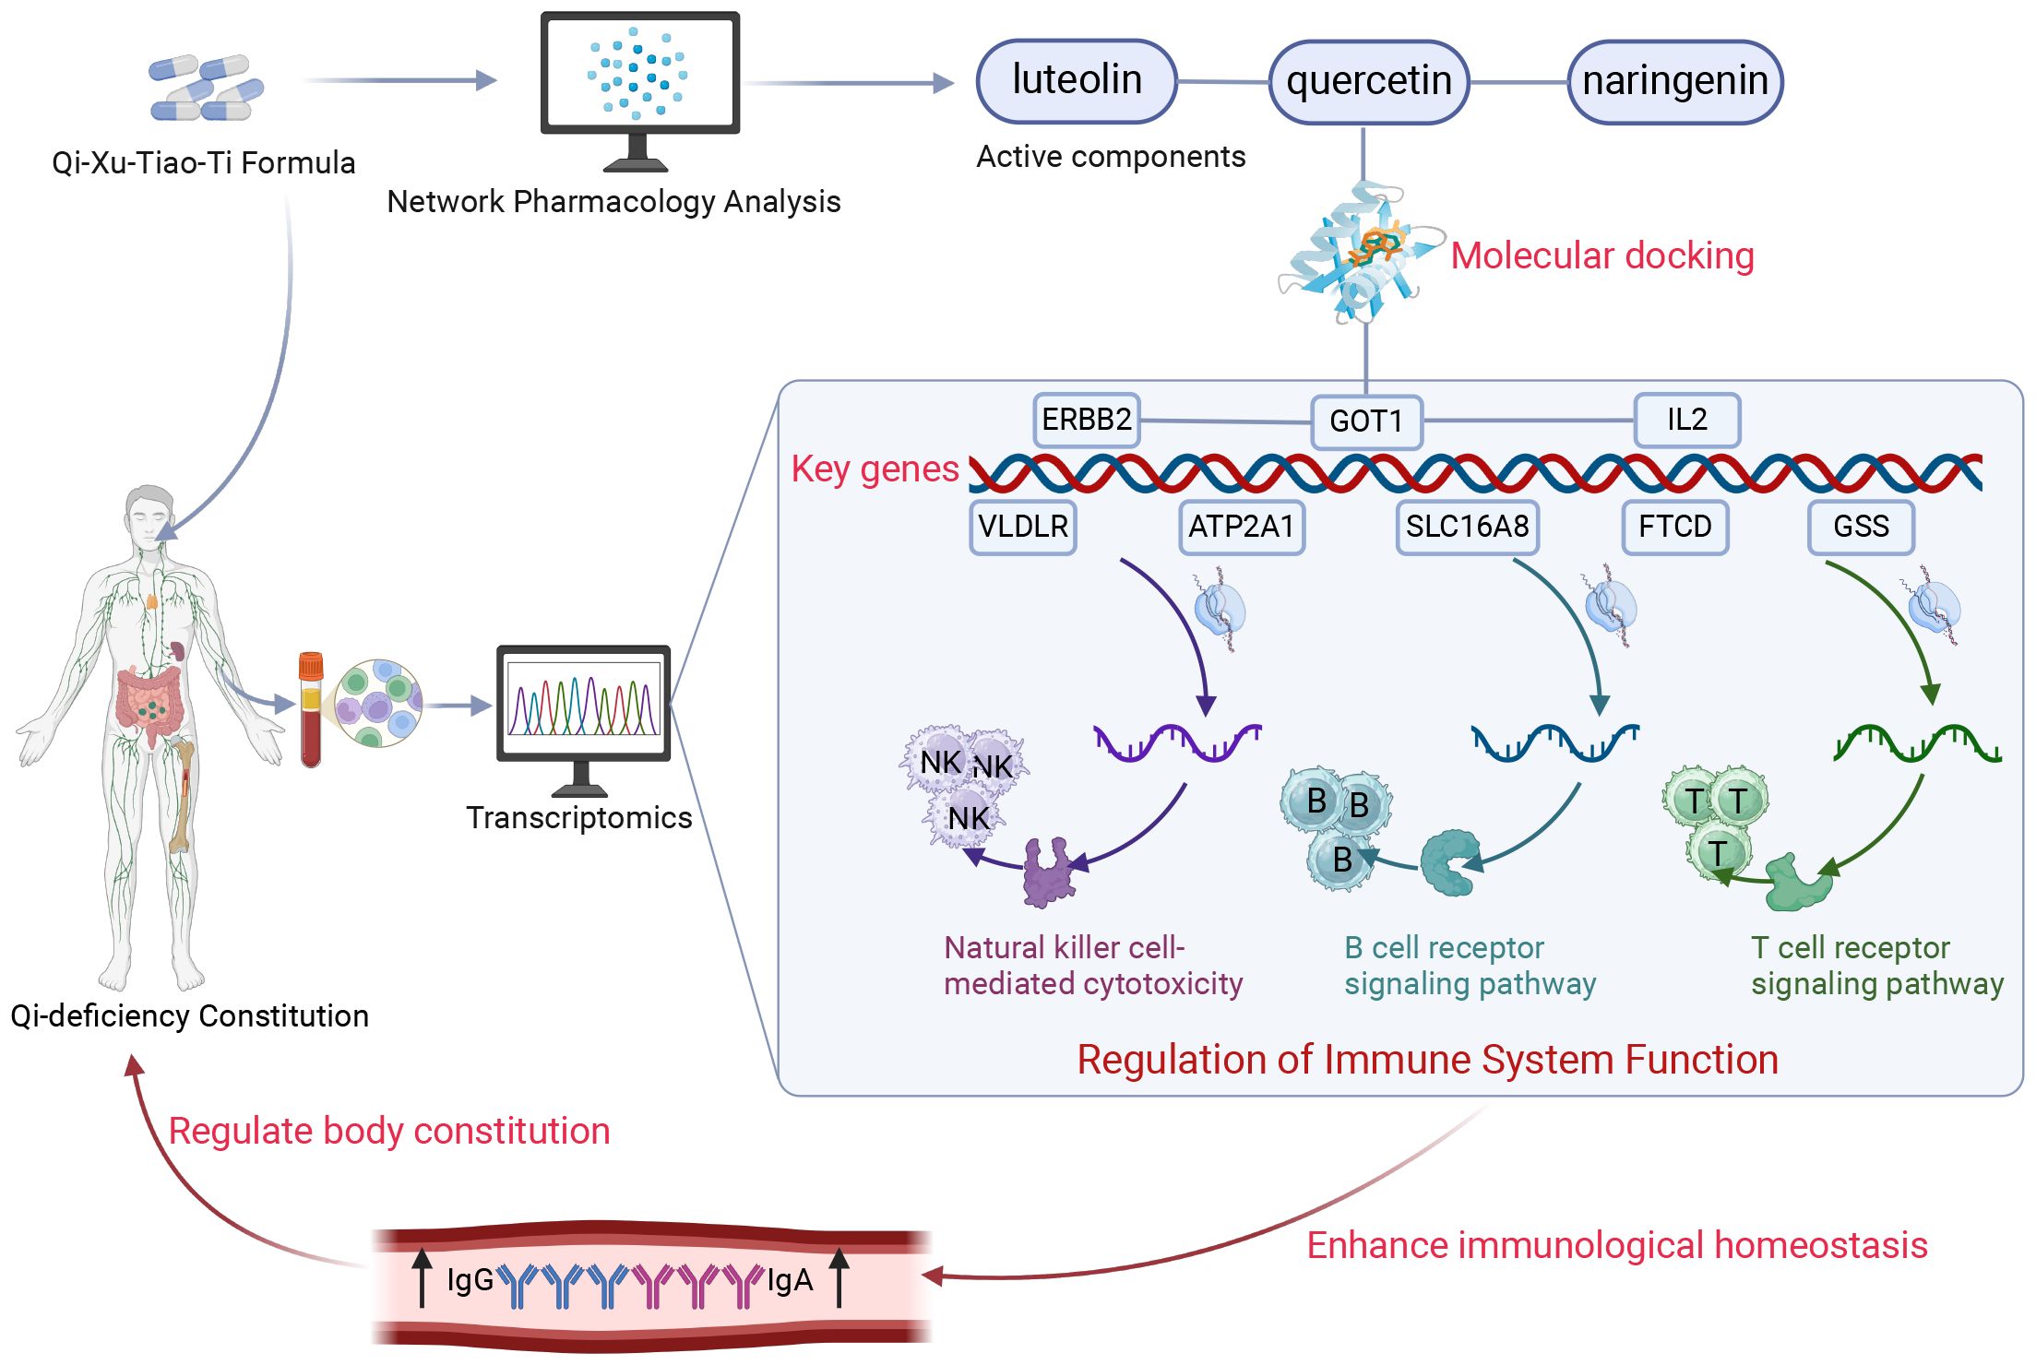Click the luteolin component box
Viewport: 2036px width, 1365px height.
click(1076, 81)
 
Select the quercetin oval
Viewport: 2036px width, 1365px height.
click(1368, 82)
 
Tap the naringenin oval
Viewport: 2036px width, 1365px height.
click(1674, 82)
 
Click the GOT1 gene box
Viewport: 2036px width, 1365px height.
click(1365, 421)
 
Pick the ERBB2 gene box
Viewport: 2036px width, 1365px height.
click(1086, 420)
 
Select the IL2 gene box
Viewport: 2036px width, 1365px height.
click(1686, 420)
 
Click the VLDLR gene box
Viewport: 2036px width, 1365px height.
click(1022, 527)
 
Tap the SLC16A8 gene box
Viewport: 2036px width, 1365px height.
click(1467, 527)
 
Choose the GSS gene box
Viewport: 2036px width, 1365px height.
click(1860, 527)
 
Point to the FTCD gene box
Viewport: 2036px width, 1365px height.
click(1674, 527)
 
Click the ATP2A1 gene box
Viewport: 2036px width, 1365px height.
click(1241, 527)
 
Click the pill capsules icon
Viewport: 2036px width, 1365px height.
click(206, 88)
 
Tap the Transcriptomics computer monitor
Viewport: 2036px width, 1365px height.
click(583, 706)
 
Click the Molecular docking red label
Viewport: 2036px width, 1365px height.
click(1601, 256)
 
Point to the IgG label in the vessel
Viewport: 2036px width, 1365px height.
click(470, 1280)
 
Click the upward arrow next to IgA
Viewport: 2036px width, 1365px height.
click(839, 1277)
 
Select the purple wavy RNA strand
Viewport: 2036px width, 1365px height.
click(1176, 742)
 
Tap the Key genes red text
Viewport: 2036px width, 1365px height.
click(875, 469)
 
